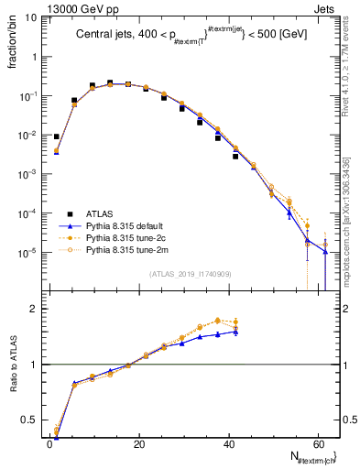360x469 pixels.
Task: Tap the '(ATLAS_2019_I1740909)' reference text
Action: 191,274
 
